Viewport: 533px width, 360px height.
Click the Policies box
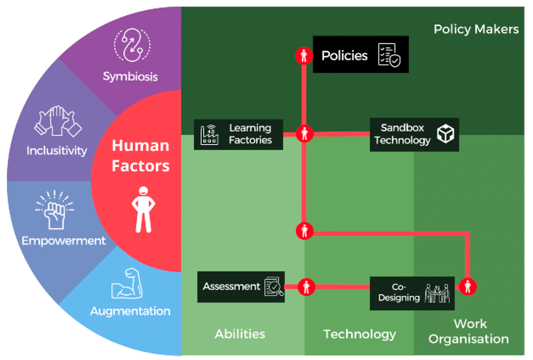(360, 54)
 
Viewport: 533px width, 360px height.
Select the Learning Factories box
(238, 134)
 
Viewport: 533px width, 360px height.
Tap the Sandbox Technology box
(414, 134)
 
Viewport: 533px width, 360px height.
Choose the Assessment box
(241, 287)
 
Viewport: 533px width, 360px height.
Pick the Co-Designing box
(412, 293)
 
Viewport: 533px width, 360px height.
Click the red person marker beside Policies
(304, 56)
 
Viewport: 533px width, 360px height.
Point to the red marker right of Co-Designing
(467, 286)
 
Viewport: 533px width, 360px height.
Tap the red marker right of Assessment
(306, 286)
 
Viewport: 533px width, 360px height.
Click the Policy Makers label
(476, 29)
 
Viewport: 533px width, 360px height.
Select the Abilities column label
(240, 334)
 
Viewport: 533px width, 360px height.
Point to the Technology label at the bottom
(359, 334)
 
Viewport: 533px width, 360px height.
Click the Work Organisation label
(469, 331)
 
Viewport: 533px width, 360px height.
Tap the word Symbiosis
(130, 76)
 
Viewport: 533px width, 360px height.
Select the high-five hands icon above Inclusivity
(57, 121)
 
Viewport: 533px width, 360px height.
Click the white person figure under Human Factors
(144, 209)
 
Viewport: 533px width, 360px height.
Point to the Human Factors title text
(141, 155)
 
